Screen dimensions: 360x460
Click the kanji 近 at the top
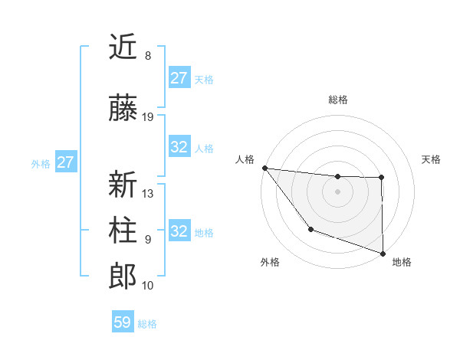pyautogui.click(x=123, y=47)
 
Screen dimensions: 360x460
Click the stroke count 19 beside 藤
pyautogui.click(x=148, y=117)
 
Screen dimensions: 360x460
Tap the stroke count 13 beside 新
pyautogui.click(x=148, y=194)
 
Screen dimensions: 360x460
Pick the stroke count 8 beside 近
pyautogui.click(x=147, y=56)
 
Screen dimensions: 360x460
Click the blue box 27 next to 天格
pyautogui.click(x=179, y=78)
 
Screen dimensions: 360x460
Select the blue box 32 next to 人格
pyautogui.click(x=179, y=148)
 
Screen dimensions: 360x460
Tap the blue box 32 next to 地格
pyautogui.click(x=179, y=231)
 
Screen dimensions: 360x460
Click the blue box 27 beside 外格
pyautogui.click(x=65, y=162)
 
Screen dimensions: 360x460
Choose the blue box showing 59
pyautogui.click(x=123, y=322)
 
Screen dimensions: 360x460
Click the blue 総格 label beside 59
pyautogui.click(x=147, y=324)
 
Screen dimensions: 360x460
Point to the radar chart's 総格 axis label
pyautogui.click(x=337, y=100)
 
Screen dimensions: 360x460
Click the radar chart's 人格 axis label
pyautogui.click(x=245, y=159)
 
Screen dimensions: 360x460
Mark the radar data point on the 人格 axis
pyautogui.click(x=264, y=168)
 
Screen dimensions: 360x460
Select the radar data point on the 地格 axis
pyautogui.click(x=382, y=252)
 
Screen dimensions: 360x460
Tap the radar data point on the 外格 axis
pyautogui.click(x=310, y=229)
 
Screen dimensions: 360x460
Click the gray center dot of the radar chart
pyautogui.click(x=337, y=191)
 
